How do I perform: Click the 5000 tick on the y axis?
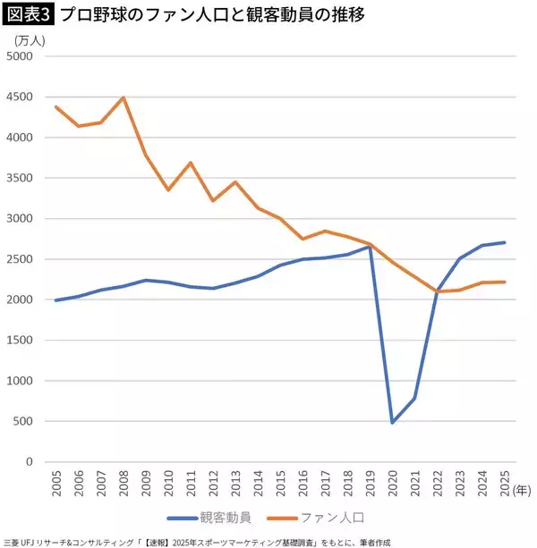click(x=19, y=56)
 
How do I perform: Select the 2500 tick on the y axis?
click(x=19, y=259)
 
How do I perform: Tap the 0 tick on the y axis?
click(x=30, y=462)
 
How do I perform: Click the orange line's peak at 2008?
click(x=124, y=97)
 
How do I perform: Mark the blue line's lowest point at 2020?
click(x=394, y=422)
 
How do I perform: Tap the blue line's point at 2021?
click(x=416, y=399)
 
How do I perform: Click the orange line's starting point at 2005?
click(x=57, y=107)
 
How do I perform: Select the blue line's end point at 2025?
click(x=506, y=242)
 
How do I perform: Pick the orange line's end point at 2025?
click(x=506, y=282)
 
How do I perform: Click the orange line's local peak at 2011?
click(x=192, y=163)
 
